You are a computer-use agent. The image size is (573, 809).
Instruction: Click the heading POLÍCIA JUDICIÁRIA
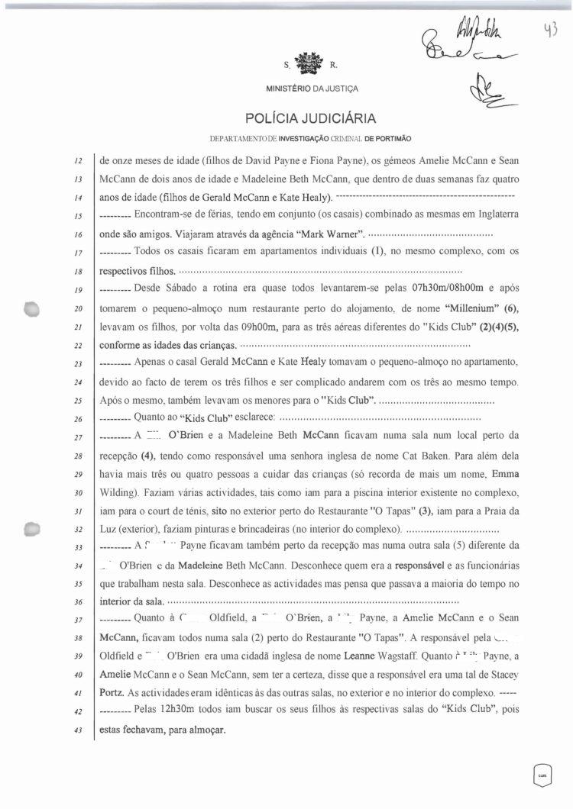[310, 119]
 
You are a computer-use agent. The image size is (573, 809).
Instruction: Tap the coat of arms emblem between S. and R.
[310, 63]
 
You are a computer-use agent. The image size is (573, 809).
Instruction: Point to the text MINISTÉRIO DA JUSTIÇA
[311, 89]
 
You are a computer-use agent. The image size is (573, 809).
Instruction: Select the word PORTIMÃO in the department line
[394, 139]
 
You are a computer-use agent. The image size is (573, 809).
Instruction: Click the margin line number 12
[79, 162]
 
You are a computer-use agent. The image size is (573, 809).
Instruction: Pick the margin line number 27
[79, 437]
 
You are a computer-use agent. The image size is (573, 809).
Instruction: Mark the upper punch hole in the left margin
[32, 308]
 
